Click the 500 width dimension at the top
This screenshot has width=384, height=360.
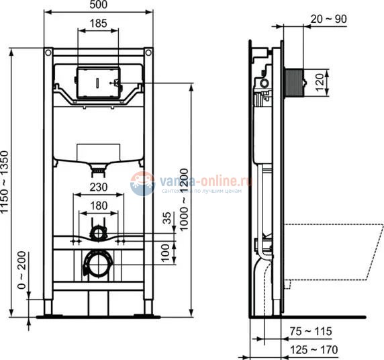[98, 5]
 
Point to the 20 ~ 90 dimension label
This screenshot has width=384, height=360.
[330, 19]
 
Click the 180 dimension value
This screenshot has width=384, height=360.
[99, 206]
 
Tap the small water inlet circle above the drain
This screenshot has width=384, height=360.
[98, 233]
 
